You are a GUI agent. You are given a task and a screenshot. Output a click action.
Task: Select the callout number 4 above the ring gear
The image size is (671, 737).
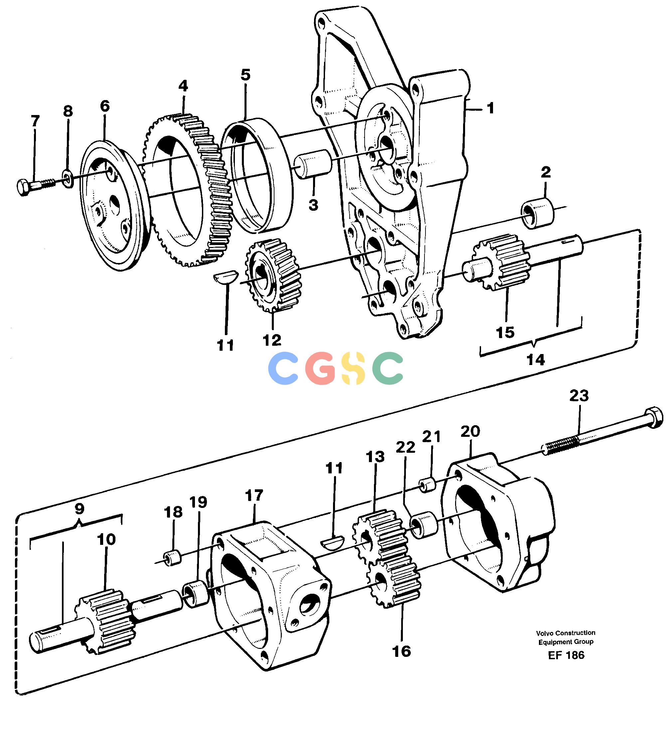(183, 86)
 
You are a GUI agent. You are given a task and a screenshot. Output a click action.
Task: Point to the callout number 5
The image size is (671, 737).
(246, 74)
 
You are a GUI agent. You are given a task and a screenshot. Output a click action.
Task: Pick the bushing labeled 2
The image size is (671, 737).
(537, 213)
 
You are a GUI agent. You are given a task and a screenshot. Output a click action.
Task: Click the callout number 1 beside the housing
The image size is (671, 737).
(491, 108)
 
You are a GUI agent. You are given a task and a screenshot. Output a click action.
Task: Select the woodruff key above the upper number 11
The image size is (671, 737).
(226, 276)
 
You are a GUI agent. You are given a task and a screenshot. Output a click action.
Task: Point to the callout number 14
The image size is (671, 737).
(535, 360)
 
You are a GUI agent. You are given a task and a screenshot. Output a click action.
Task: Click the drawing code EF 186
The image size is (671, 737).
(566, 655)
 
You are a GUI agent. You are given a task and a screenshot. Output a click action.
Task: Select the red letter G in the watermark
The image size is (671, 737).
(320, 368)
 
